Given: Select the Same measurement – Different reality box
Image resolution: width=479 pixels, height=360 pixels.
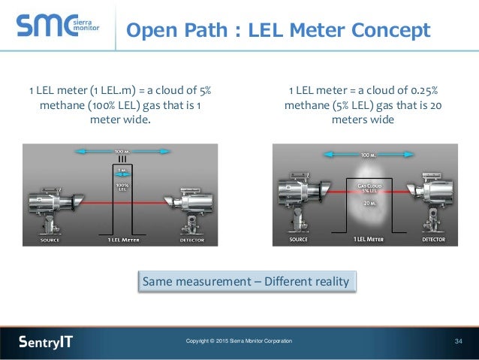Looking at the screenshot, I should pos(247,282).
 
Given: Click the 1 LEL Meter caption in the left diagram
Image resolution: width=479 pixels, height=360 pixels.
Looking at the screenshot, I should pos(121,241).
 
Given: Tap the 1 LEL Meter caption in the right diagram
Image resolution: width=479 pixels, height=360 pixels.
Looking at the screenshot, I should pos(367,240).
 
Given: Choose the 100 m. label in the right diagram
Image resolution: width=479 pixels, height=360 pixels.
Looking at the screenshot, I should pos(366,156).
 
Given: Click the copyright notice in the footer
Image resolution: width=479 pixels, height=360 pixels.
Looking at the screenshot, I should pos(239,342).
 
